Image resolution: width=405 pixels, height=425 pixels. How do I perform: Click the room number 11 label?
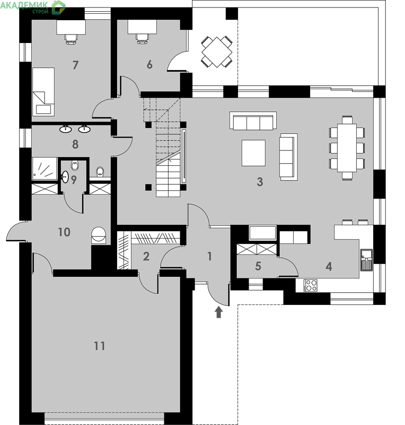(x=99, y=346)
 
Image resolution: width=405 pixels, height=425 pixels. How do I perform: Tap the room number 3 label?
(x=260, y=182)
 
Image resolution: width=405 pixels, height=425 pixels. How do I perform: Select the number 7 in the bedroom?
(x=75, y=65)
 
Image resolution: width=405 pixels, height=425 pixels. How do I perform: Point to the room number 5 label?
(x=258, y=266)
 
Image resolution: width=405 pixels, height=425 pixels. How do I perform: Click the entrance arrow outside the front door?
(x=218, y=312)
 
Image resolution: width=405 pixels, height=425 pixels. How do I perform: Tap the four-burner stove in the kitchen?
(x=310, y=285)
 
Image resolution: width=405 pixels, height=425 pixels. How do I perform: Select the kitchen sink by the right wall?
(x=367, y=260)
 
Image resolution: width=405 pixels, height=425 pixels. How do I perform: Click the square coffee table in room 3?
(x=253, y=152)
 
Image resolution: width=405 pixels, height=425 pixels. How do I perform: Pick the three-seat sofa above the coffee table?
(x=253, y=121)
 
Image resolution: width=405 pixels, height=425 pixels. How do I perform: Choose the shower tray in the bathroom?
(x=45, y=168)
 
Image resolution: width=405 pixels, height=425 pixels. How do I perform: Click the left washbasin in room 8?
(x=66, y=129)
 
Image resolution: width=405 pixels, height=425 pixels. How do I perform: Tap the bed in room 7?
(x=43, y=91)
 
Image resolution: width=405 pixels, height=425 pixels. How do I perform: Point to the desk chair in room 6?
(x=142, y=38)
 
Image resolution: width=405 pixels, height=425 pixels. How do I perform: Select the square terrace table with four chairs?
(x=217, y=52)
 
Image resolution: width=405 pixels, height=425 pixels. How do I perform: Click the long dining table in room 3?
(x=347, y=148)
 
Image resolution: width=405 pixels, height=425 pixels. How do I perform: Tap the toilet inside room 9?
(x=75, y=165)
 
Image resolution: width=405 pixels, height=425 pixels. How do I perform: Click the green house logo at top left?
(x=58, y=7)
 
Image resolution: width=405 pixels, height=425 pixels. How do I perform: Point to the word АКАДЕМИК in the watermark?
(x=24, y=5)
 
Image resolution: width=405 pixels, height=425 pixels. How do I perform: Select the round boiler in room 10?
(x=99, y=235)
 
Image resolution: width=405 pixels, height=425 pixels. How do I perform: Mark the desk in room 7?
(x=71, y=27)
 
